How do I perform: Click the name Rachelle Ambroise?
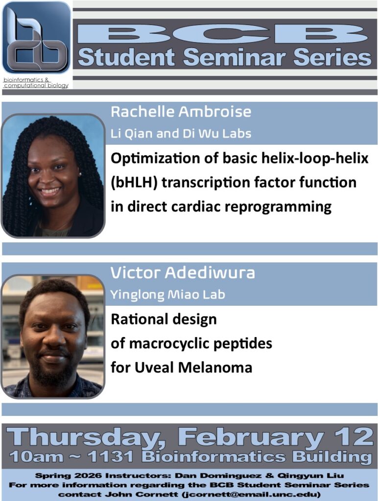click(181, 112)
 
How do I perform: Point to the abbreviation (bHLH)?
click(134, 182)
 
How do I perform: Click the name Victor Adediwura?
click(183, 273)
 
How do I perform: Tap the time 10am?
click(36, 457)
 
